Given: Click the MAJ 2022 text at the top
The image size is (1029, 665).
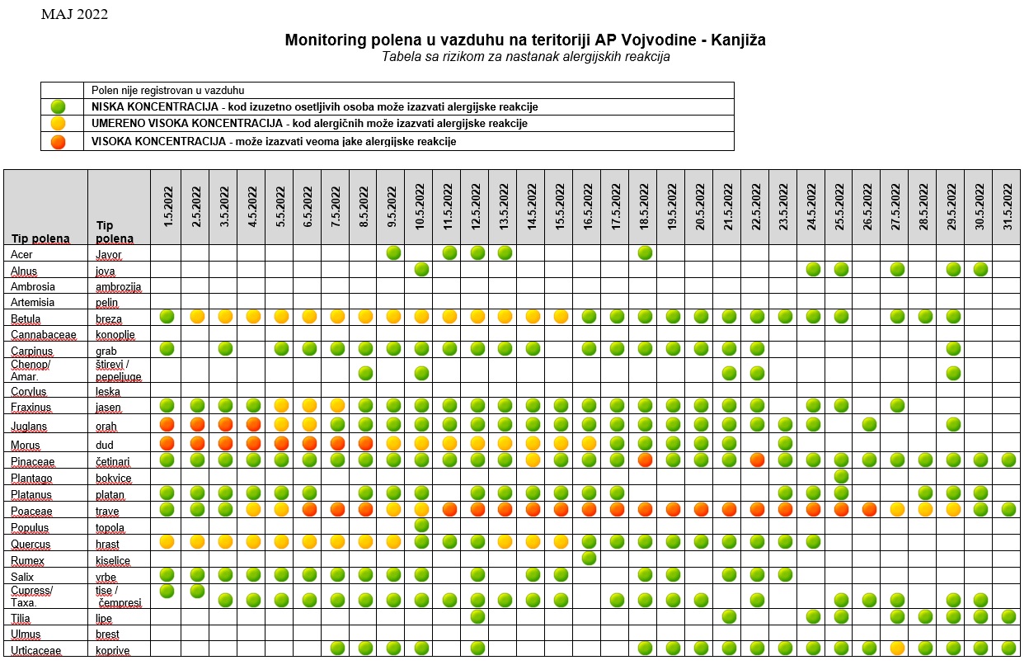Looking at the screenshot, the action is pyautogui.click(x=74, y=14).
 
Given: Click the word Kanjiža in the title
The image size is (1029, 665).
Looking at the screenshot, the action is pyautogui.click(x=738, y=40).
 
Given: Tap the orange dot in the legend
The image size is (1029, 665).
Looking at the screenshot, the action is pyautogui.click(x=59, y=142).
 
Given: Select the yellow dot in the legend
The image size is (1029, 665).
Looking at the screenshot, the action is pyautogui.click(x=59, y=123).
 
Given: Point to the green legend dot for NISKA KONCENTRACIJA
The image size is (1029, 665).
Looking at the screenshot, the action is pyautogui.click(x=59, y=107).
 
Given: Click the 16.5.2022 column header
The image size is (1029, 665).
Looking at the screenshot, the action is pyautogui.click(x=588, y=207).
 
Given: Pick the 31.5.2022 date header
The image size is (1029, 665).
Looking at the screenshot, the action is pyautogui.click(x=1008, y=207).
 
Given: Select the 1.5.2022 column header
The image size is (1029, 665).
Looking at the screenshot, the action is pyautogui.click(x=168, y=207).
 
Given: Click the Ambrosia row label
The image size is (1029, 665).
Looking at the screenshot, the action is pyautogui.click(x=33, y=287).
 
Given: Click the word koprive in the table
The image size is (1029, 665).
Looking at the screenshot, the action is pyautogui.click(x=112, y=651).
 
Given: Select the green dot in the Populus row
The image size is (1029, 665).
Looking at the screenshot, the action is pyautogui.click(x=421, y=525).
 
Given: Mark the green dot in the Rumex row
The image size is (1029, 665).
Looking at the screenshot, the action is pyautogui.click(x=589, y=558).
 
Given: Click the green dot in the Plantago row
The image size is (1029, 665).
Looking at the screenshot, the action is pyautogui.click(x=841, y=476).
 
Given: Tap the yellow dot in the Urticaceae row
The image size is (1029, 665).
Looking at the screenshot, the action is pyautogui.click(x=897, y=648).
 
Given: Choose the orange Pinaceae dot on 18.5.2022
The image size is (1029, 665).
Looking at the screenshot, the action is pyautogui.click(x=645, y=460).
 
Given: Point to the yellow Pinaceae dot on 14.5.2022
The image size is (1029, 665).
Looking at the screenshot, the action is pyautogui.click(x=533, y=460).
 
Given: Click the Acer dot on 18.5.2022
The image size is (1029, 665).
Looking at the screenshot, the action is pyautogui.click(x=645, y=252).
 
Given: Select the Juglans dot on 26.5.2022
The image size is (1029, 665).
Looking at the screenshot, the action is pyautogui.click(x=869, y=424).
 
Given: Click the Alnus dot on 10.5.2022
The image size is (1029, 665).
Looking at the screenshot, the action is pyautogui.click(x=421, y=269).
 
